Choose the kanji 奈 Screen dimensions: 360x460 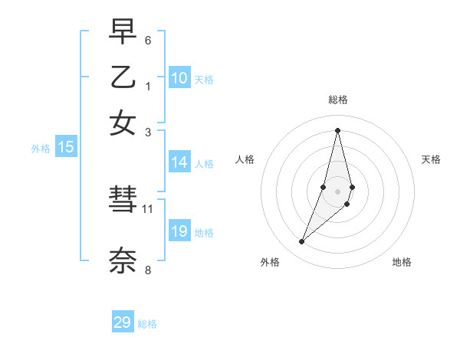click(x=123, y=260)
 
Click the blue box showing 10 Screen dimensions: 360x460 click(x=179, y=78)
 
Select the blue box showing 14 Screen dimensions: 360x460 click(x=179, y=162)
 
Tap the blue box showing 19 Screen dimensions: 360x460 click(x=179, y=231)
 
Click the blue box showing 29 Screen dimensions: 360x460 click(x=123, y=322)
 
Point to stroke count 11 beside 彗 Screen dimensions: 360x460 click(x=148, y=208)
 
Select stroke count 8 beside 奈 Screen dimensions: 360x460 click(x=148, y=270)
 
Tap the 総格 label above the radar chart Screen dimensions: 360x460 click(x=337, y=100)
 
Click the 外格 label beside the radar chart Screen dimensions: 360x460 click(x=270, y=262)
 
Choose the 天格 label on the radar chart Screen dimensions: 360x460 click(x=431, y=159)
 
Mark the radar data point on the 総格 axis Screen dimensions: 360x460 click(x=337, y=130)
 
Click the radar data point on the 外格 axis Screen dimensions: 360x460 click(x=301, y=242)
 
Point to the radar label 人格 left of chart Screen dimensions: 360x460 click(x=245, y=159)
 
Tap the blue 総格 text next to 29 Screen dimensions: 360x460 click(x=147, y=324)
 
